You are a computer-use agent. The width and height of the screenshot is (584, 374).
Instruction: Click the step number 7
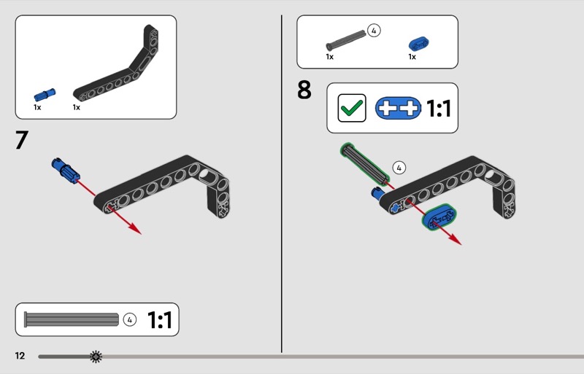22,139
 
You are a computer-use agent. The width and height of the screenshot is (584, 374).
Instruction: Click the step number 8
304,90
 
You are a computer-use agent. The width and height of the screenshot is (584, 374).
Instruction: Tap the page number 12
20,356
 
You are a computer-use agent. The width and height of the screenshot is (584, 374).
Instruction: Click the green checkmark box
352,108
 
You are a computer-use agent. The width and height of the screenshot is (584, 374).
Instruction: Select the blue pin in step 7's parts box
45,95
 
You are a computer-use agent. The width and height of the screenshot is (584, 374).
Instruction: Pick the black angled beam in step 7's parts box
118,63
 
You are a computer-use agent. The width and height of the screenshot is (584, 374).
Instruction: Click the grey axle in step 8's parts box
345,40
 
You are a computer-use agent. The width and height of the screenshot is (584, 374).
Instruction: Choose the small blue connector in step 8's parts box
418,44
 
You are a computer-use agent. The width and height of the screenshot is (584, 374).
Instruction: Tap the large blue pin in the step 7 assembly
66,171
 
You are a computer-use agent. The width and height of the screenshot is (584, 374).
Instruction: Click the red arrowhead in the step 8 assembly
454,238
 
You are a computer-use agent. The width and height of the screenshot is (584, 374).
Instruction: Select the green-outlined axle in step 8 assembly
364,164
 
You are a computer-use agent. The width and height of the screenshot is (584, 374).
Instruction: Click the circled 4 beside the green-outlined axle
399,168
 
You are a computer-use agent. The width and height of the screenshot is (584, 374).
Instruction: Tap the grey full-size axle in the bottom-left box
72,319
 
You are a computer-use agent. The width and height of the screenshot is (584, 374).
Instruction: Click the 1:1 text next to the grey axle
160,319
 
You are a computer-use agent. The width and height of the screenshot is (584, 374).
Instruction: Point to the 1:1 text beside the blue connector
439,109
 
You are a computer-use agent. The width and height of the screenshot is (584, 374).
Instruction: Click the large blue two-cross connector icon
398,109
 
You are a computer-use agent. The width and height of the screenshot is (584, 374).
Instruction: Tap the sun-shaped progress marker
96,357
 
